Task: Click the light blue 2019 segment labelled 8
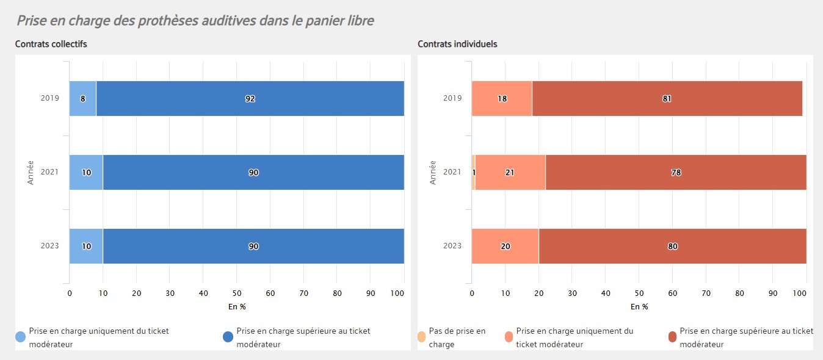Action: (82, 98)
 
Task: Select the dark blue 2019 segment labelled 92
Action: (250, 98)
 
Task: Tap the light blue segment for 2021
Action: (86, 172)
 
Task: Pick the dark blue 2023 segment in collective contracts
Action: (253, 246)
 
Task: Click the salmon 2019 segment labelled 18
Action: (502, 98)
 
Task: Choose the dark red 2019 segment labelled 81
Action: (667, 98)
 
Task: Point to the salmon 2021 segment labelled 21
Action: (510, 172)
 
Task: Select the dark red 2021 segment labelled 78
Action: (676, 172)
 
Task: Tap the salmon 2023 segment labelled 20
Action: (505, 246)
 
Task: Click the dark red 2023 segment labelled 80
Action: (672, 246)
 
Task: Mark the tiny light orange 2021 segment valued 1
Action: (473, 172)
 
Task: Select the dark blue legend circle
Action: (228, 337)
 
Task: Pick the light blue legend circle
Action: (21, 337)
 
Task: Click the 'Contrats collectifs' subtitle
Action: (51, 44)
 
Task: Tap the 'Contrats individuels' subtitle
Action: (457, 44)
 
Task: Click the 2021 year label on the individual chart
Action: (452, 172)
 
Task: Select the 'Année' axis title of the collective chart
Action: (30, 172)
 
